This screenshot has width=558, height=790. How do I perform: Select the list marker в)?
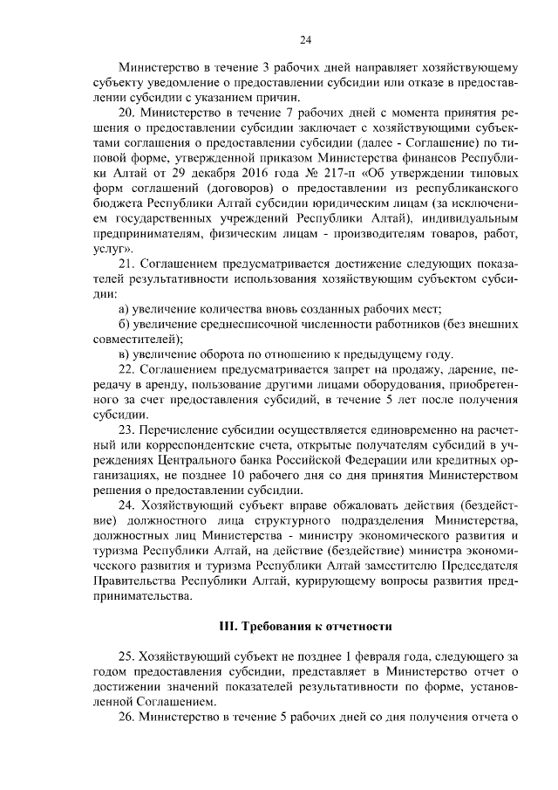pyautogui.click(x=124, y=354)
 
